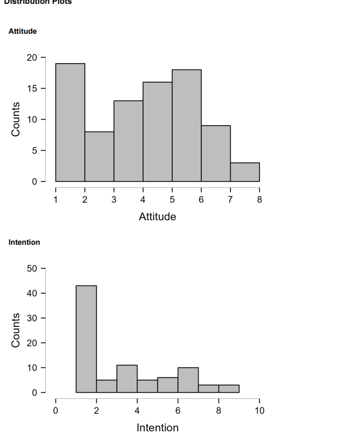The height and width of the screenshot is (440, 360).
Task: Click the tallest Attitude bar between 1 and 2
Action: [70, 122]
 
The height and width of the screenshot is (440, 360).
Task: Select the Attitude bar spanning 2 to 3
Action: [99, 156]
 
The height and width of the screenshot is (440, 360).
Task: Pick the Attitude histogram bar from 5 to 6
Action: [187, 125]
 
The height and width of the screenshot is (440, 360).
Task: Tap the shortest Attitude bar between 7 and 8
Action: [245, 172]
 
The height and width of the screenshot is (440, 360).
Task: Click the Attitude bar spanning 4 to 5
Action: [158, 132]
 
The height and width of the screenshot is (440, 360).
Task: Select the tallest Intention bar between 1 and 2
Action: [86, 339]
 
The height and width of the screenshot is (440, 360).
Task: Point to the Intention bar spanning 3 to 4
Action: [127, 379]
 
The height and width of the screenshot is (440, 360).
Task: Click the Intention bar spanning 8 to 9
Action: [229, 388]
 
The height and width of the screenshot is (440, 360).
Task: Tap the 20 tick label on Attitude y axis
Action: [32, 58]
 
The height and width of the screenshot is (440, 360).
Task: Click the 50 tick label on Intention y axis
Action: [32, 268]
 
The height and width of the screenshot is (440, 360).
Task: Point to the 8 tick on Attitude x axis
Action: [259, 200]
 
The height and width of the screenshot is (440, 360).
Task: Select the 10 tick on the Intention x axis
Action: [259, 411]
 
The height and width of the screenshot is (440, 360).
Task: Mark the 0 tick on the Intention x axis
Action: [55, 411]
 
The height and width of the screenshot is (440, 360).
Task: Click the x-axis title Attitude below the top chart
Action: [157, 216]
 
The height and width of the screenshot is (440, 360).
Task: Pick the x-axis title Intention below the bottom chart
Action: [157, 427]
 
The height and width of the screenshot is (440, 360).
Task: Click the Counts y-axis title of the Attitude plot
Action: [16, 119]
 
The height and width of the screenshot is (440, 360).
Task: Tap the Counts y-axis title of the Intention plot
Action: [16, 330]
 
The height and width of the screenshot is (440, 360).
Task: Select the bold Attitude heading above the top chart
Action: [23, 32]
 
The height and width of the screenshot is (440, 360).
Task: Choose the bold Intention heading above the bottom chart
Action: [24, 242]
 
